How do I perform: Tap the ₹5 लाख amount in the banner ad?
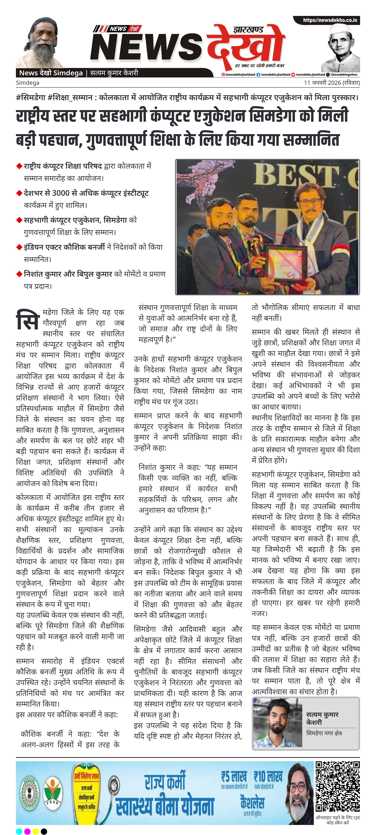(x=234, y=777)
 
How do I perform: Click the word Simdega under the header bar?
(x=28, y=83)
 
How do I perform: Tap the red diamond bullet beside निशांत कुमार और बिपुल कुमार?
(x=19, y=274)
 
